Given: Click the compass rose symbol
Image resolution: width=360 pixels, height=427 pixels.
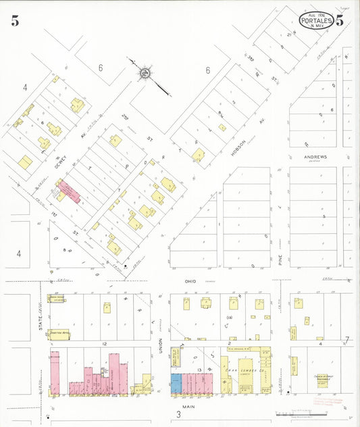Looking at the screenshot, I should click(x=145, y=72).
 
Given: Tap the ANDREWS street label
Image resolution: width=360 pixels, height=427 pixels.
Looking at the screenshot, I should click(x=315, y=157).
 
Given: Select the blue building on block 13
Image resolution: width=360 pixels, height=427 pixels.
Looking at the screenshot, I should click(x=176, y=383).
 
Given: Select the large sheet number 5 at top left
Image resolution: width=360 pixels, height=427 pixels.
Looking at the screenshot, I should click(x=14, y=21).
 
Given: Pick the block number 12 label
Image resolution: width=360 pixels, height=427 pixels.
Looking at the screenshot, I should click(x=105, y=345).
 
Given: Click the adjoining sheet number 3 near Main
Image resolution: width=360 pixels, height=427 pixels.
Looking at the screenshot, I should click(x=178, y=413).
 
